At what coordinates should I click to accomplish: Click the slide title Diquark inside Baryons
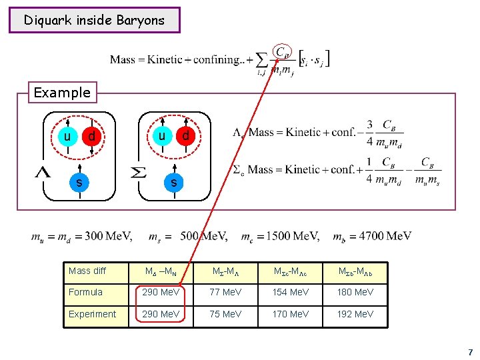pyautogui.click(x=94, y=20)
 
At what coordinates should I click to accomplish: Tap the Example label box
pyautogui.click(x=62, y=92)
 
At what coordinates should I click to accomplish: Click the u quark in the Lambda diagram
pyautogui.click(x=67, y=137)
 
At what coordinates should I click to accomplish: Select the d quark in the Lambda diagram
pyautogui.click(x=91, y=137)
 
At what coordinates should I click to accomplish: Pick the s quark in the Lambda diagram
pyautogui.click(x=79, y=181)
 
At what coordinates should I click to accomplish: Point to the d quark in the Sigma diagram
pyautogui.click(x=185, y=136)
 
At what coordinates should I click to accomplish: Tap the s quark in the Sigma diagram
pyautogui.click(x=173, y=181)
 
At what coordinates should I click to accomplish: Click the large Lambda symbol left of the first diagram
pyautogui.click(x=42, y=173)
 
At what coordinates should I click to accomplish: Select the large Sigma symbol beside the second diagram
pyautogui.click(x=138, y=173)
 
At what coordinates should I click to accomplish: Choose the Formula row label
pyautogui.click(x=85, y=292)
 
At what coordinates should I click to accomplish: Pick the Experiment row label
pyautogui.click(x=92, y=314)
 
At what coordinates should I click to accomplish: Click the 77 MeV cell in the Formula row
pyautogui.click(x=225, y=292)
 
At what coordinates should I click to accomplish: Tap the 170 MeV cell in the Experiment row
pyautogui.click(x=290, y=314)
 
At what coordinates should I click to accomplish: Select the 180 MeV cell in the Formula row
pyautogui.click(x=355, y=292)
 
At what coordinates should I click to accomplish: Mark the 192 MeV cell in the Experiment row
pyautogui.click(x=355, y=314)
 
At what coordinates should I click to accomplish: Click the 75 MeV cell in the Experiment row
pyautogui.click(x=225, y=314)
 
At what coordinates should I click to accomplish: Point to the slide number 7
pyautogui.click(x=470, y=352)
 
